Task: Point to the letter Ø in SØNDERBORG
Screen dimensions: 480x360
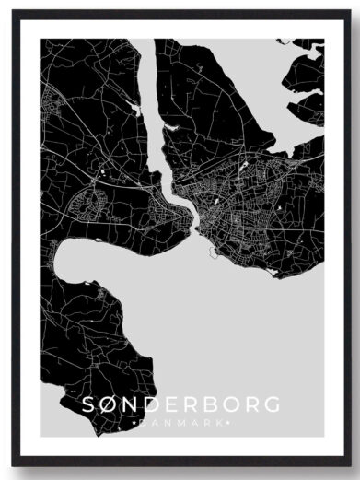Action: tap(108, 404)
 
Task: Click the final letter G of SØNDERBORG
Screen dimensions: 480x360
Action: tap(274, 404)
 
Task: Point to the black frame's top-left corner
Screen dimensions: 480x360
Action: tap(14, 12)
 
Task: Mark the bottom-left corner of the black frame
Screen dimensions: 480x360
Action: tap(14, 467)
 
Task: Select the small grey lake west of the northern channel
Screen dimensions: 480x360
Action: tap(136, 109)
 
